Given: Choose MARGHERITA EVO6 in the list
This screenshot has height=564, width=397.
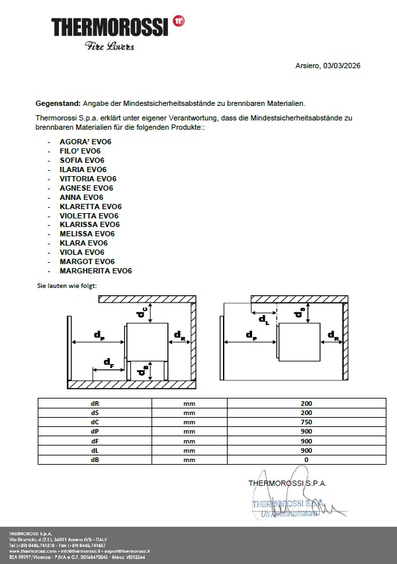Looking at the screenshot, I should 96,271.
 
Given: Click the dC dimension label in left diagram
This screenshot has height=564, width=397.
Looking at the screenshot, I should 142,312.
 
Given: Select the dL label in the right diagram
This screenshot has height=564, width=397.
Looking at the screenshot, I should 263,320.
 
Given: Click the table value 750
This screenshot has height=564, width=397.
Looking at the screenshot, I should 306,422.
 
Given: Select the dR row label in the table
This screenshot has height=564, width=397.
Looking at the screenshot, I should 95,403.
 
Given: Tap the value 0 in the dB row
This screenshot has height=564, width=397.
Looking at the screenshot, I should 306,459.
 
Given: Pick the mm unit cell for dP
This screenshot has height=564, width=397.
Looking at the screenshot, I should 189,431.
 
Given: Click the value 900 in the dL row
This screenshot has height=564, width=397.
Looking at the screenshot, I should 306,450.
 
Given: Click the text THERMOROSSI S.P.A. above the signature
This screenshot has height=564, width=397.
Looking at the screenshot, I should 287,483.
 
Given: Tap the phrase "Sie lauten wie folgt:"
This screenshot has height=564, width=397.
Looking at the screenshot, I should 67,285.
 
